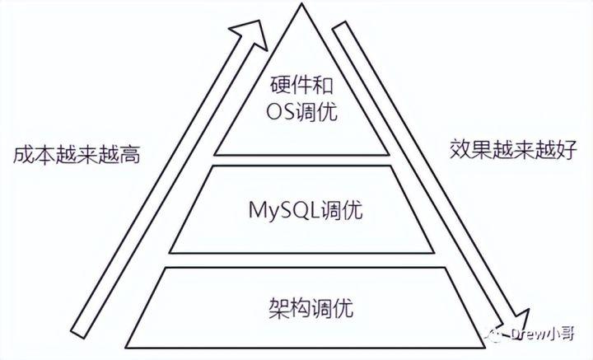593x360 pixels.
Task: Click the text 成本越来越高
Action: [72, 156]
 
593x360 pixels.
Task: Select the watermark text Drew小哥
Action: [533, 334]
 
